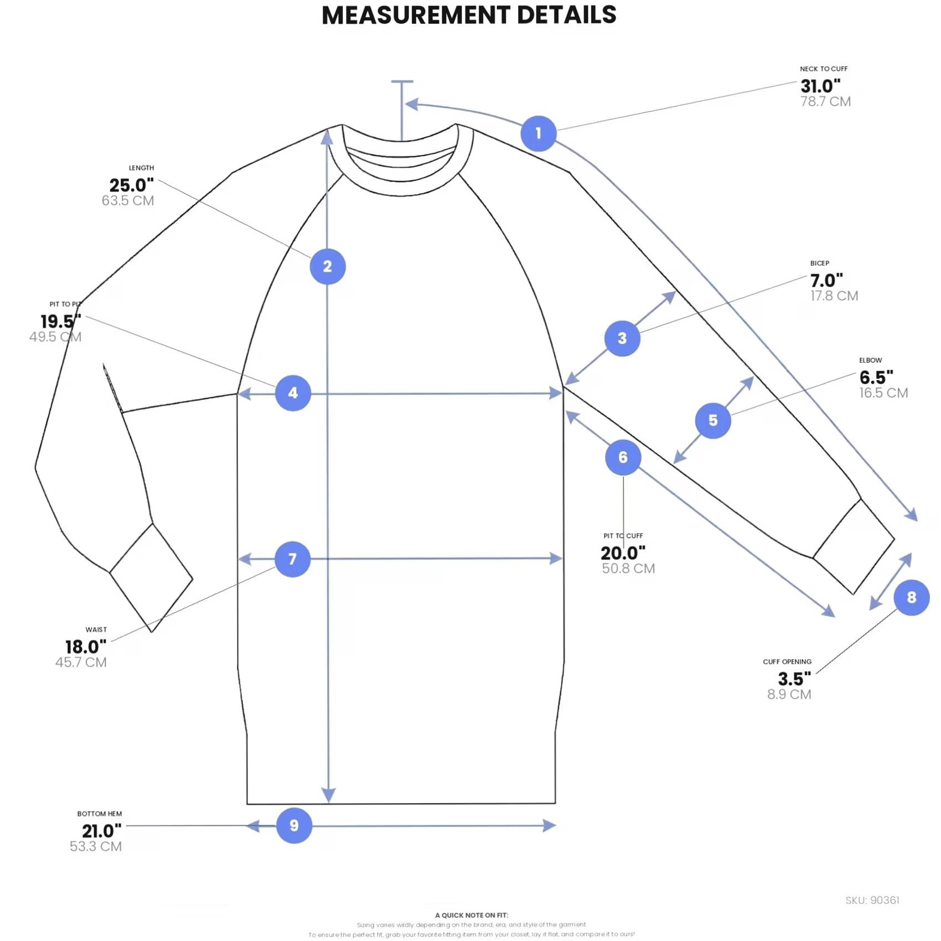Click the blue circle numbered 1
(x=538, y=133)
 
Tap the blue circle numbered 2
(x=328, y=267)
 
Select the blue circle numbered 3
(x=622, y=338)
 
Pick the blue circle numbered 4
(x=293, y=393)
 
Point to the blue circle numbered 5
(x=713, y=421)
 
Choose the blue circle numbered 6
(x=623, y=457)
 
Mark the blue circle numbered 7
(x=292, y=559)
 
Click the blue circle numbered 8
(x=911, y=598)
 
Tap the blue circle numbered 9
(x=294, y=825)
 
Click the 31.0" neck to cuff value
(x=820, y=86)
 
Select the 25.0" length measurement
(x=131, y=185)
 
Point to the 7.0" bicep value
(x=826, y=280)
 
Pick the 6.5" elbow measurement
(x=876, y=378)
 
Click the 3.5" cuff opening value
(x=794, y=679)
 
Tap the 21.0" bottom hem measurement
(x=102, y=831)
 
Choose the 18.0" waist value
(x=86, y=647)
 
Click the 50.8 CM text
(x=628, y=568)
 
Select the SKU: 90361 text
(x=872, y=901)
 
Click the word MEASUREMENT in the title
(x=416, y=15)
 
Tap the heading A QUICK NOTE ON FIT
(x=472, y=915)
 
